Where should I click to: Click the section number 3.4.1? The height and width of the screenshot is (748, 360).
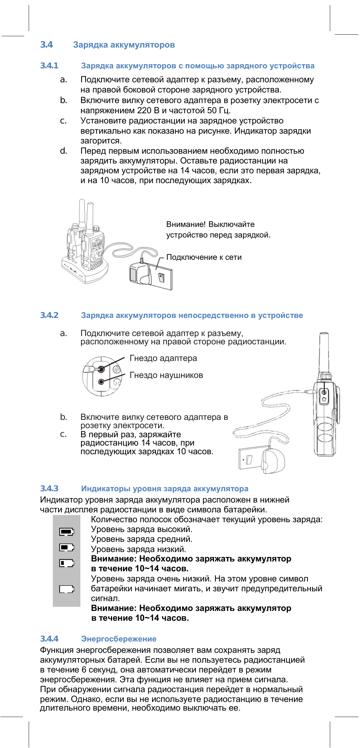(x=49, y=66)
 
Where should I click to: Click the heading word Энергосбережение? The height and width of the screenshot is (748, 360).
(x=118, y=639)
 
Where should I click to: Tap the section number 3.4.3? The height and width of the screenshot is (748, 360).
(x=49, y=489)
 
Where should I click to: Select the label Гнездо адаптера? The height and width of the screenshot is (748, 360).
(x=163, y=358)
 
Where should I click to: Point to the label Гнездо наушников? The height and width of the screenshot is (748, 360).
(x=166, y=375)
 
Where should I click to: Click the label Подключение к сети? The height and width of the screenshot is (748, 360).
(x=204, y=257)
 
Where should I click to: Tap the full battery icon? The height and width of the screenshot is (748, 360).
(x=66, y=532)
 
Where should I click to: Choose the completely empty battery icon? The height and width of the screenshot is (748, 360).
(x=66, y=589)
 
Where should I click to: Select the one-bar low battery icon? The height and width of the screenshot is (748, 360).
(x=66, y=563)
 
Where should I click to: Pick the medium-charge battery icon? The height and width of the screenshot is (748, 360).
(x=66, y=547)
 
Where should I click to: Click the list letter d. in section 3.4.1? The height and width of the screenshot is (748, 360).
(x=63, y=151)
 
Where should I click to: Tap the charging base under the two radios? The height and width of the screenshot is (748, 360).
(x=85, y=272)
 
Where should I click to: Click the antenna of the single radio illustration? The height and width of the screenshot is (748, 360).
(x=324, y=351)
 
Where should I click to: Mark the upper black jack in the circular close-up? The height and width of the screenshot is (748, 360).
(x=101, y=369)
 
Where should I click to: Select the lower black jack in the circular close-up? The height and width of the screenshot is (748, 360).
(x=101, y=382)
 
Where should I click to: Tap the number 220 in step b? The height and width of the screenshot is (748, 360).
(x=144, y=111)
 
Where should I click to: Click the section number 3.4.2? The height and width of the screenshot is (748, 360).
(x=49, y=315)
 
